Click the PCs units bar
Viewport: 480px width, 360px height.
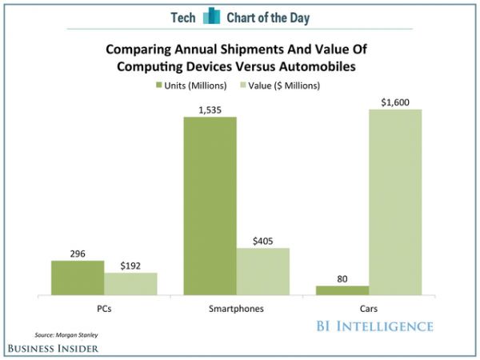(x=78, y=278)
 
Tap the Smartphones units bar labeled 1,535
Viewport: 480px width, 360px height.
(x=210, y=206)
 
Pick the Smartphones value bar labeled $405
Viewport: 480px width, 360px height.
(x=262, y=272)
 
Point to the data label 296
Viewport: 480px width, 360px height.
(x=78, y=253)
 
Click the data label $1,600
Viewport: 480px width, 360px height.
(x=395, y=102)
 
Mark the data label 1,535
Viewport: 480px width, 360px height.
(x=210, y=109)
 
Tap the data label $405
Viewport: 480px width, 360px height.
(x=262, y=240)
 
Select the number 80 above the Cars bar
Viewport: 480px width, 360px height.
(x=342, y=278)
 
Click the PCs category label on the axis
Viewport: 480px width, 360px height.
(x=104, y=308)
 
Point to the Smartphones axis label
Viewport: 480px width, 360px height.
(x=236, y=308)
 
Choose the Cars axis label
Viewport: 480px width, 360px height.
(x=369, y=308)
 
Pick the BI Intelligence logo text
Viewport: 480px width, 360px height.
(x=374, y=326)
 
